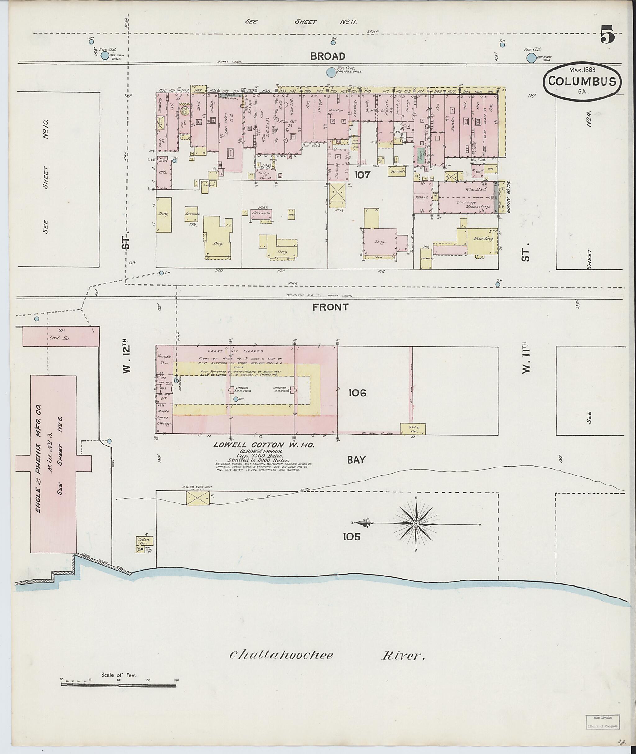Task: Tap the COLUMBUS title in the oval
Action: pos(582,81)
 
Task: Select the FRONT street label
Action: pos(331,307)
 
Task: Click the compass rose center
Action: pos(416,523)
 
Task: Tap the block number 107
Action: pos(362,175)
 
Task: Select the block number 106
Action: pos(357,393)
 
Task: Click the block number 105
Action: pos(352,537)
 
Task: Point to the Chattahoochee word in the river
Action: pos(281,655)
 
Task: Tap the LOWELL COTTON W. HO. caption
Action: pos(264,445)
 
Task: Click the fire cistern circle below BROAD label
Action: pos(330,72)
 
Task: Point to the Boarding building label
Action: pos(483,239)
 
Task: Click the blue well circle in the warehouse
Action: pos(235,399)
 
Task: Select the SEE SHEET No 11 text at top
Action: pos(301,22)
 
